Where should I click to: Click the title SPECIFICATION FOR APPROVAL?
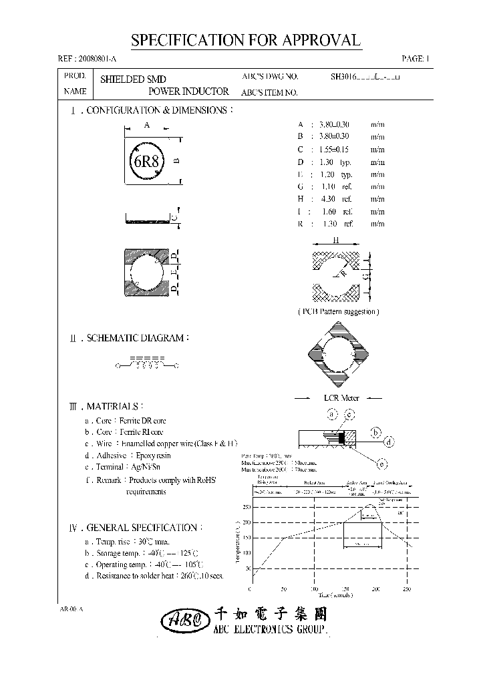click(x=245, y=40)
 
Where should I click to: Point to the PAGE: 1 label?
click(x=416, y=59)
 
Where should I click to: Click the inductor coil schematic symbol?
click(x=147, y=365)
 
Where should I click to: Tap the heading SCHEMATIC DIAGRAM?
click(x=138, y=339)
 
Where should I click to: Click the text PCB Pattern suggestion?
click(x=338, y=311)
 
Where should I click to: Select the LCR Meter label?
click(x=341, y=398)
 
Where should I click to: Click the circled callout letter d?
click(x=388, y=441)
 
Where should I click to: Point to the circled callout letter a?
click(x=331, y=415)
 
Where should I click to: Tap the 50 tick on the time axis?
click(x=283, y=589)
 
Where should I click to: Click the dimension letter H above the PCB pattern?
click(x=336, y=240)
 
